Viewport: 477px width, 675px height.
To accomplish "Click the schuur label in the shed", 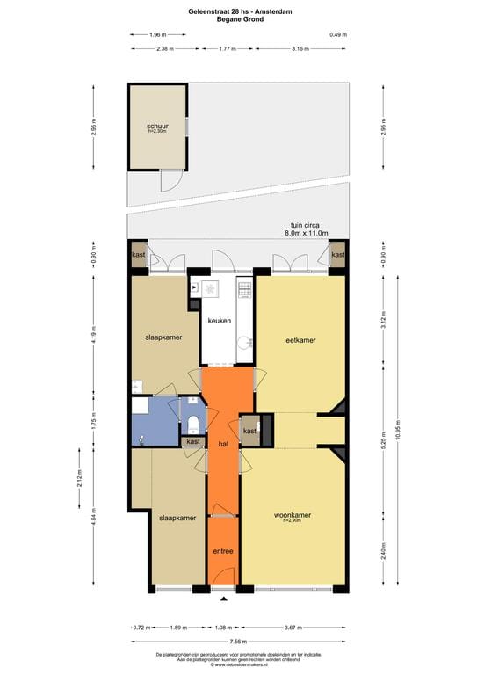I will click(157, 127).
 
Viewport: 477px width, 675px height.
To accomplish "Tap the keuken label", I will click(219, 321).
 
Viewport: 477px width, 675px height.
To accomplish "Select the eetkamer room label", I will click(300, 340).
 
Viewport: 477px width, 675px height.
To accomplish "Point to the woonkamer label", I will click(293, 515).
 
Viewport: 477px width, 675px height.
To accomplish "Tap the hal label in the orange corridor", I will click(223, 445).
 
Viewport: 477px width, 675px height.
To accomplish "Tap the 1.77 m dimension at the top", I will click(228, 49).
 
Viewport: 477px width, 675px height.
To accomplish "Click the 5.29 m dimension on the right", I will click(382, 439).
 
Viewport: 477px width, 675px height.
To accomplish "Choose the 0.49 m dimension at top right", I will click(338, 34).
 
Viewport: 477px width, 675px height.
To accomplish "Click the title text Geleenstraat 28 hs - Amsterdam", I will click(238, 10).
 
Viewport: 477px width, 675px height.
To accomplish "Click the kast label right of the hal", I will click(250, 432).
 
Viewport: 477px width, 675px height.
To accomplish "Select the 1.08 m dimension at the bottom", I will click(223, 628).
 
